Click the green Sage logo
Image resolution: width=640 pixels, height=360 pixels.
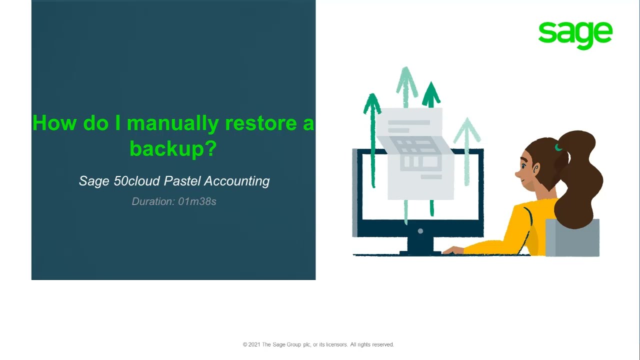click(x=575, y=34)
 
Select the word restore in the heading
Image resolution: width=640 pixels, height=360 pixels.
click(x=260, y=123)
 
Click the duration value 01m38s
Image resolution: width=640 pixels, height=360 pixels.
click(x=197, y=201)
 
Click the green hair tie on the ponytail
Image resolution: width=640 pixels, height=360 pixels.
click(x=558, y=147)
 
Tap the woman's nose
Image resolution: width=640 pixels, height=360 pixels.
click(x=517, y=173)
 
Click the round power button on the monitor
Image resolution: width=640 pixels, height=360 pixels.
click(x=420, y=231)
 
